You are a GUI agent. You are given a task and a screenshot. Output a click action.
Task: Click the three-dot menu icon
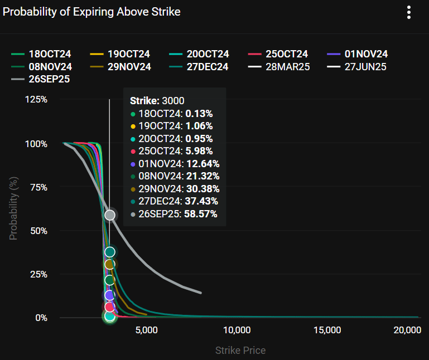(x=409, y=12)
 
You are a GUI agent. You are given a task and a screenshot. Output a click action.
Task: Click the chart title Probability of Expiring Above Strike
(x=92, y=12)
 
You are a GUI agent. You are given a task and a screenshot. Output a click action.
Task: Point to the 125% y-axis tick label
(x=36, y=99)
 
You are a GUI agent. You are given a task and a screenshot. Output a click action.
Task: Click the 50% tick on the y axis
(x=38, y=231)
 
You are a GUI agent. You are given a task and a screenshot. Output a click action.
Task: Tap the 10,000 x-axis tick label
(x=237, y=330)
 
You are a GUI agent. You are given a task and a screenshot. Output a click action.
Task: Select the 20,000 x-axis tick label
(x=406, y=330)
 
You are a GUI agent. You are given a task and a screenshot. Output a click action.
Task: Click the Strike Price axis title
(x=240, y=351)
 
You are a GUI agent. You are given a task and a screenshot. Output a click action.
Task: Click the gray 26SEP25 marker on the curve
(x=110, y=215)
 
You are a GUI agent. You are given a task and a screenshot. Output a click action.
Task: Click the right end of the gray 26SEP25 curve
(x=200, y=293)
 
